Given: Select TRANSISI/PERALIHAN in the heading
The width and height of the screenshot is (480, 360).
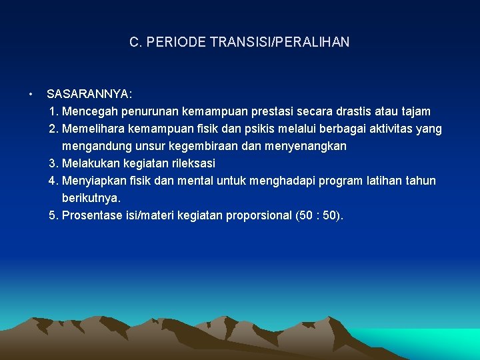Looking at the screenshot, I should pyautogui.click(x=279, y=43).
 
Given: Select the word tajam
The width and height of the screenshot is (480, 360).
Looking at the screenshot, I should pyautogui.click(x=415, y=111).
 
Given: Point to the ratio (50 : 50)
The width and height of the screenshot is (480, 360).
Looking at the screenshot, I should pyautogui.click(x=319, y=215).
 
